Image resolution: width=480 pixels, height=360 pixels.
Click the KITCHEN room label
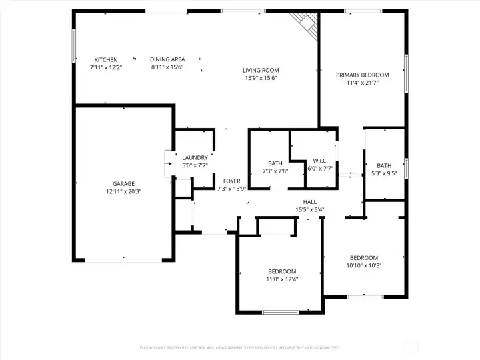[106, 60]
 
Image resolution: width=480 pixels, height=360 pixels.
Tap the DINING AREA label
[167, 60]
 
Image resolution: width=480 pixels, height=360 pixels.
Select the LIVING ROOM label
[261, 70]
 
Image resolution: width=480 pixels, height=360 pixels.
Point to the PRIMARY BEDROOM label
[362, 75]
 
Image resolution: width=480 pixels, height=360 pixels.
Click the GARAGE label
[123, 184]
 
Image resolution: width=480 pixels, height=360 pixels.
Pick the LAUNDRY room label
[195, 158]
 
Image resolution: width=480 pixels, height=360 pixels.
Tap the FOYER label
[231, 181]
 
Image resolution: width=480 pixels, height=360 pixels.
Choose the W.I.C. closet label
[321, 161]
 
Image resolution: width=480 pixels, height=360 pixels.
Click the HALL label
[310, 202]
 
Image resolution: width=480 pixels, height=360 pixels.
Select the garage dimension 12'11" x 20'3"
[123, 192]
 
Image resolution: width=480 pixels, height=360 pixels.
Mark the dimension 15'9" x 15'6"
[261, 78]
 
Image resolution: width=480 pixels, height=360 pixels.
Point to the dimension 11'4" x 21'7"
[362, 83]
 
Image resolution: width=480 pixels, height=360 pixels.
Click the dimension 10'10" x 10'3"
[364, 265]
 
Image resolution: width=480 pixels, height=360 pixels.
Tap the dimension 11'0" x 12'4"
[282, 279]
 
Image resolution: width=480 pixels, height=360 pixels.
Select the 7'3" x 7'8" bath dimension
[275, 171]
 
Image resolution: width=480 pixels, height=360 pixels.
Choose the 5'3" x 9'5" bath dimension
[384, 174]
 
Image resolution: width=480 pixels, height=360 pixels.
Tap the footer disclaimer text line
[239, 347]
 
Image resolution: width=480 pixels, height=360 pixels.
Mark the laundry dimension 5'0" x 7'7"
[195, 165]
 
